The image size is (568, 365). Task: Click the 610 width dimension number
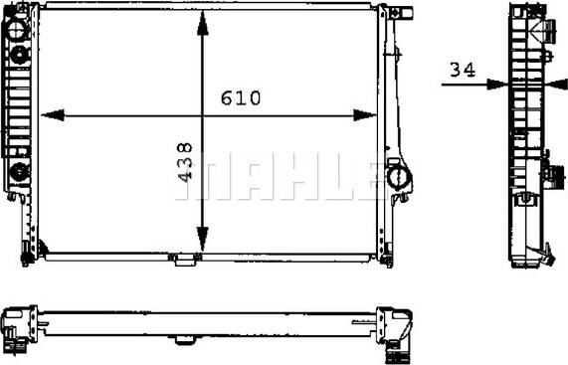[241, 97]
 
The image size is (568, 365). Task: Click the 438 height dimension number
[185, 162]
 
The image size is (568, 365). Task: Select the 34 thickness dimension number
[463, 70]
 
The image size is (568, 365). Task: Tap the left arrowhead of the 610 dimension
[53, 115]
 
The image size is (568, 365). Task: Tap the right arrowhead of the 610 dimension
[365, 115]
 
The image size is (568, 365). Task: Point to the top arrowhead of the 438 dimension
[203, 23]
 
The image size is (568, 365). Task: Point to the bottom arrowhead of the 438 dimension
[203, 239]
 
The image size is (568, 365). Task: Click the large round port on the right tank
[399, 177]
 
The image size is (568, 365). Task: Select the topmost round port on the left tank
[16, 30]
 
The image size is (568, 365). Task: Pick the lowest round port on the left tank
[19, 172]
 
